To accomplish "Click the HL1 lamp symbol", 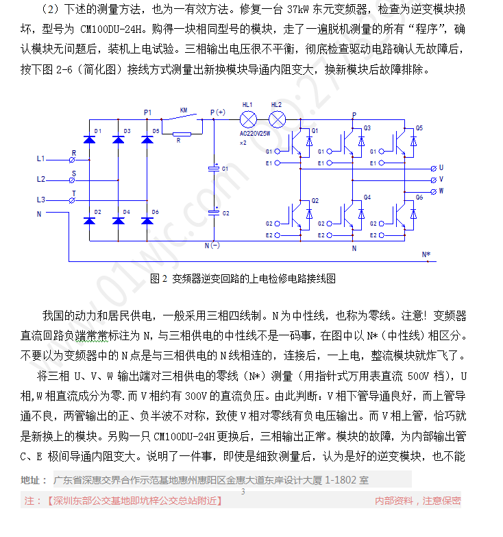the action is click(249, 119).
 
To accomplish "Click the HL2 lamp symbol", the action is click(277, 119).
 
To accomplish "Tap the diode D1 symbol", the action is click(90, 139).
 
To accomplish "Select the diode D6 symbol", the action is click(147, 221).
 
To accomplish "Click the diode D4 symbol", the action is click(119, 221).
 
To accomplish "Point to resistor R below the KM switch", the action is click(182, 134).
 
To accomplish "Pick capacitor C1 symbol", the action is click(214, 169).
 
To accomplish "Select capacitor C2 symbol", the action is click(214, 213).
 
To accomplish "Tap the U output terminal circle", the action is click(434, 169).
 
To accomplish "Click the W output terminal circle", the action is click(434, 192).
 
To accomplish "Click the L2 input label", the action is click(40, 179).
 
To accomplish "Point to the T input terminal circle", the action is click(72, 201).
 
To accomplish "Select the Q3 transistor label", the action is click(367, 128).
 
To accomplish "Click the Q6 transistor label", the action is click(419, 198).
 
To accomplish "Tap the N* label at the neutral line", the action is click(426, 254).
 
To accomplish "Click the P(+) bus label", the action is click(218, 112).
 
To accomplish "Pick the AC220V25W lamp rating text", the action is click(255, 134).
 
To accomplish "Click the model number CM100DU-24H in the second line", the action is click(111, 29).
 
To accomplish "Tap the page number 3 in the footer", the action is click(243, 492).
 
